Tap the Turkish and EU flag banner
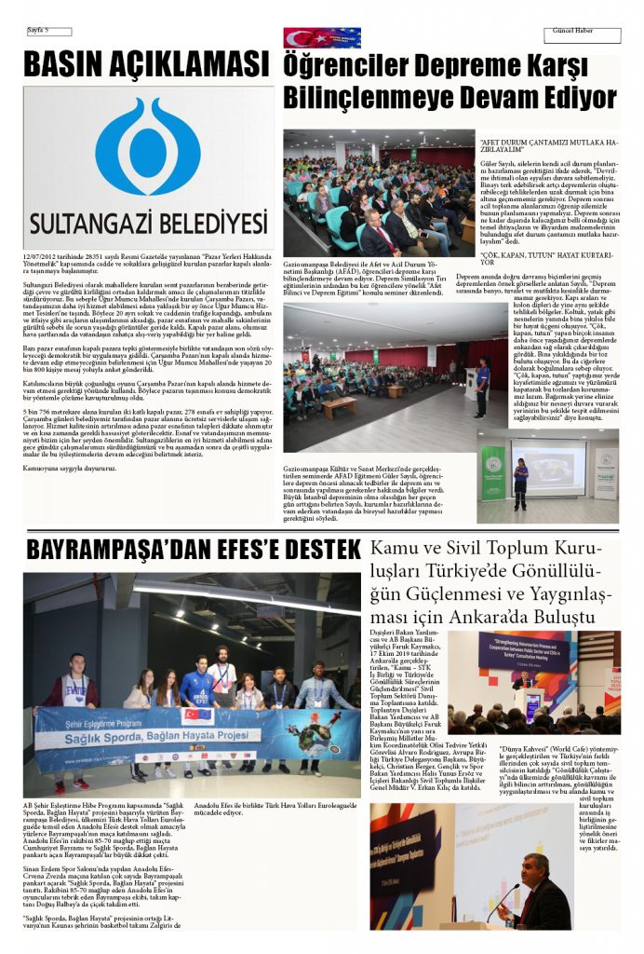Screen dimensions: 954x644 322,37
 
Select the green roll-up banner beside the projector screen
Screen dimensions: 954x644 493,471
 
